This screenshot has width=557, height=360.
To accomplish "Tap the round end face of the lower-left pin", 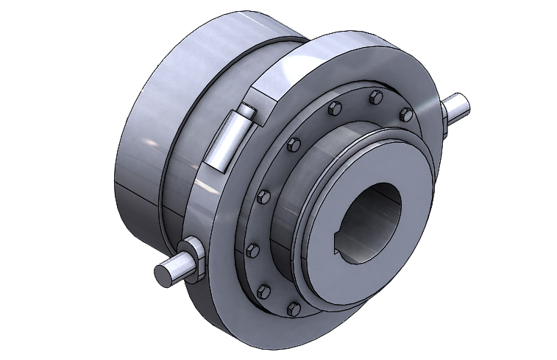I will click(x=163, y=274).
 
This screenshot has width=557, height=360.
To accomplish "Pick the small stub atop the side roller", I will click(x=247, y=113).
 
